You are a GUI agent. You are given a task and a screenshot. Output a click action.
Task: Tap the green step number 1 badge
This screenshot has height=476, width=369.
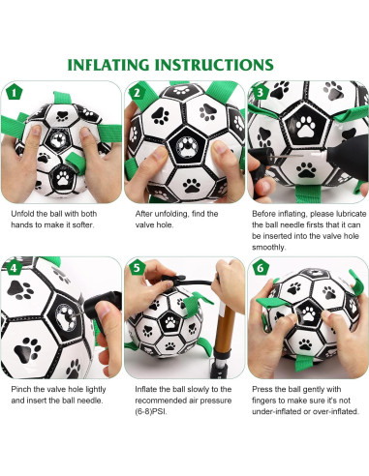point(13,93)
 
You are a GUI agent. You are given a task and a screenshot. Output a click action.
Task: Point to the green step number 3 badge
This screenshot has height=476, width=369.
point(259,93)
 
